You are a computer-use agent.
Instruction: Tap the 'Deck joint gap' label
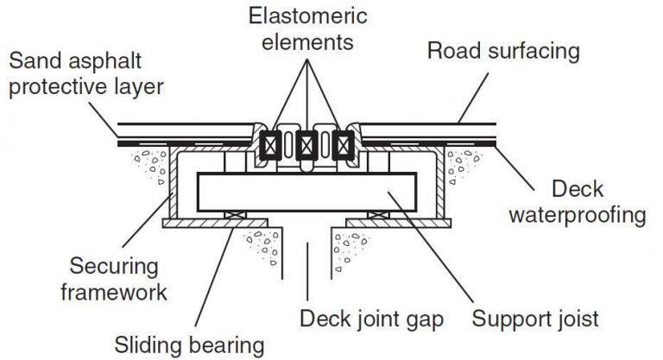[x=371, y=319]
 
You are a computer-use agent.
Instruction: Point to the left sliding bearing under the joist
[x=234, y=214]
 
